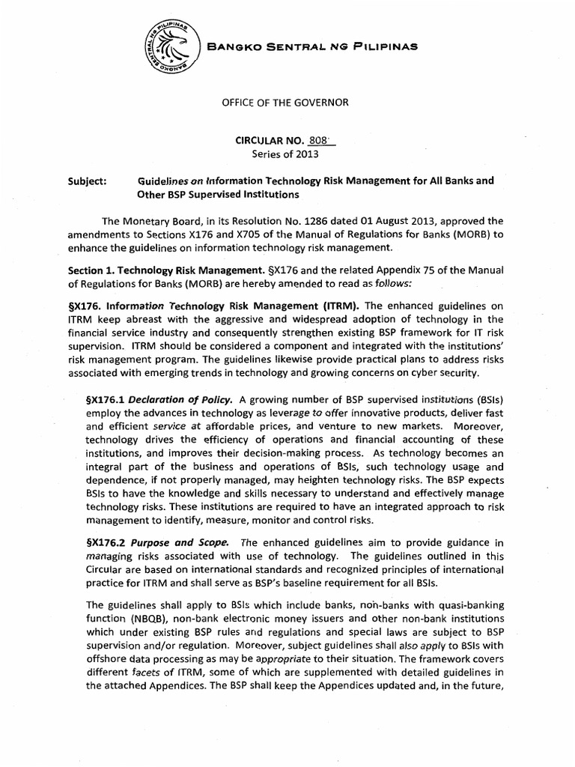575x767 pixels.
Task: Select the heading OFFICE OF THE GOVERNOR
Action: click(x=288, y=100)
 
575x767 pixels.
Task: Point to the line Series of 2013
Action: click(x=288, y=155)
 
